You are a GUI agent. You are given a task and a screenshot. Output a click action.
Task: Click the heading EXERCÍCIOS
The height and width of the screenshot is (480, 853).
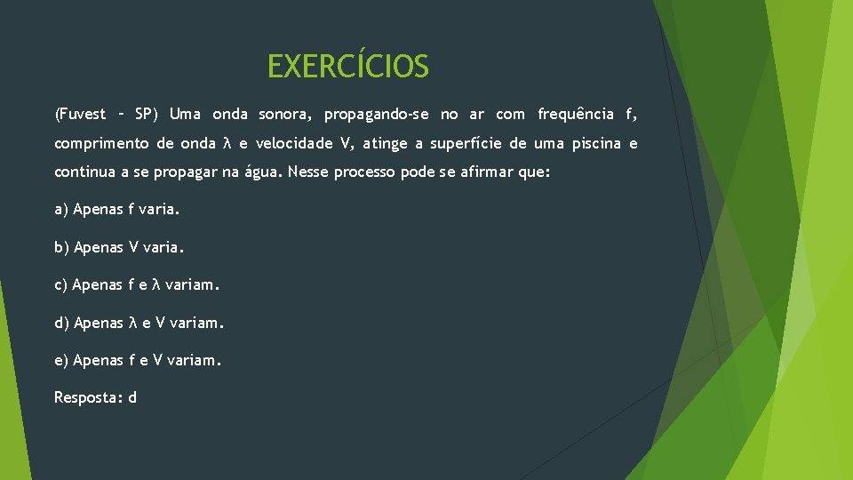click(x=347, y=67)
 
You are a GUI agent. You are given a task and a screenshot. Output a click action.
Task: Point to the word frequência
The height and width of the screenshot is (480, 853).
click(x=576, y=114)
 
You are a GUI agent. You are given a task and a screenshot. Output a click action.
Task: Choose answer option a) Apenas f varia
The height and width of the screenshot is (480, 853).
click(x=116, y=210)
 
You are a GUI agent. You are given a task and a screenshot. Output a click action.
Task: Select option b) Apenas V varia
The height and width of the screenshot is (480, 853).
click(x=119, y=247)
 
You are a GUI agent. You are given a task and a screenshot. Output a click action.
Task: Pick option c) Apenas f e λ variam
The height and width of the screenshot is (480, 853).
click(x=136, y=285)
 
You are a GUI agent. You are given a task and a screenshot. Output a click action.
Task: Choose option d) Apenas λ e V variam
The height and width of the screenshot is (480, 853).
click(x=140, y=323)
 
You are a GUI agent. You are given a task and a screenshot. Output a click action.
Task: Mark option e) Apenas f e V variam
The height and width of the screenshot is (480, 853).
click(x=138, y=360)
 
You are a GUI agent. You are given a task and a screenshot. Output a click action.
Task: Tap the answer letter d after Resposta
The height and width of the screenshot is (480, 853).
click(x=132, y=397)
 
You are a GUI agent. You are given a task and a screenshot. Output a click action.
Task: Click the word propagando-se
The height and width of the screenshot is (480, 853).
click(x=377, y=114)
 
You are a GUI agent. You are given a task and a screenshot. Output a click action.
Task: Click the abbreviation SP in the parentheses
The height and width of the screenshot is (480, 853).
click(x=145, y=114)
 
